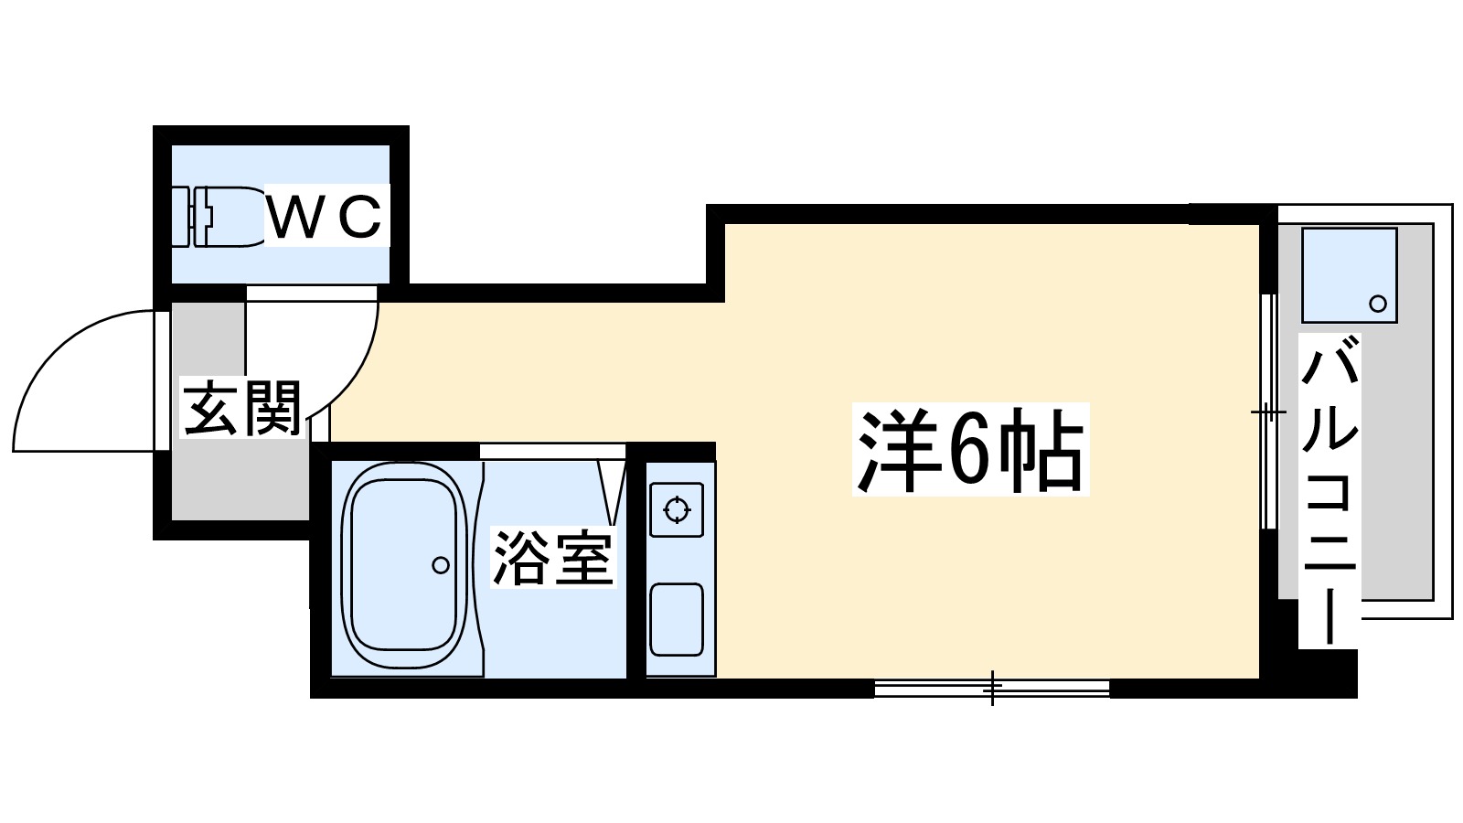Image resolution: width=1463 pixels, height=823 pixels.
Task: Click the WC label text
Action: point(326,217)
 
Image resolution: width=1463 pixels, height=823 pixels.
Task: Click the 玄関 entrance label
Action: point(242,409)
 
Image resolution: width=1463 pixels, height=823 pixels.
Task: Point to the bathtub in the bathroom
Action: point(402,567)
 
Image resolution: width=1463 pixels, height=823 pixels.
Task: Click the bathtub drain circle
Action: point(441,565)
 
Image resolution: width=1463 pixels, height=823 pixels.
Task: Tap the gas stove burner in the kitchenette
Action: point(677,509)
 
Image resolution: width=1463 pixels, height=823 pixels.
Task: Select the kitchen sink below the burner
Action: point(677,619)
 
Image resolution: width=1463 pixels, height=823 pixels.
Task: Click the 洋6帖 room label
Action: point(969,450)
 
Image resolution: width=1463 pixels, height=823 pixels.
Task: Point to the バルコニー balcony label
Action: point(1330,489)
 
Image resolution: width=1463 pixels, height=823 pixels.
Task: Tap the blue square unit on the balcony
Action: point(1349,274)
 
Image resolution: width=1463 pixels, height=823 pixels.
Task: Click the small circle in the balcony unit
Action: point(1377,304)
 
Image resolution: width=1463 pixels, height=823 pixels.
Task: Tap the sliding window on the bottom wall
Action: point(992,688)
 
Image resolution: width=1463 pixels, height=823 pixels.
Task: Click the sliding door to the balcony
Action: point(1268,411)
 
